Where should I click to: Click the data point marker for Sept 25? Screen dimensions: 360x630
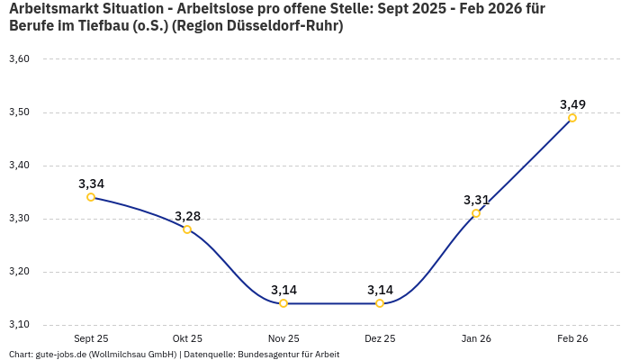91,197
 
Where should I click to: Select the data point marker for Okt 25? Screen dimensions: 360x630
187,229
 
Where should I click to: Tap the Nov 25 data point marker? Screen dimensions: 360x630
283,303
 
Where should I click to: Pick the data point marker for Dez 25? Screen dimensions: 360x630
380,303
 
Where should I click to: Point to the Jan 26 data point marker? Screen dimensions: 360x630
476,213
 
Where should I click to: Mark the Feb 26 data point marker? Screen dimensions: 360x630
572,118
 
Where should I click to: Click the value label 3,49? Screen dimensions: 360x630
572,104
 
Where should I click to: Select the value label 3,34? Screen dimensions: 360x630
91,184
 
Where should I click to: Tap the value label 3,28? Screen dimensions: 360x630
187,216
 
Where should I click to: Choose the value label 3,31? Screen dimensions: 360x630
476,200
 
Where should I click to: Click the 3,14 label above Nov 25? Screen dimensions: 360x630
283,290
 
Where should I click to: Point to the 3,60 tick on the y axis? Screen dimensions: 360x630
19,59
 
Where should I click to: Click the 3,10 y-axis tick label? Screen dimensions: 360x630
19,325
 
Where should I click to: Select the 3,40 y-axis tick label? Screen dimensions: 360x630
19,166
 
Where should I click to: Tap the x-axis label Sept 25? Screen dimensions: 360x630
91,338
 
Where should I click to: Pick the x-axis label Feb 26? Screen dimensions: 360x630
572,338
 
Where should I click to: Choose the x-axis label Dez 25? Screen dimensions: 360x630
380,338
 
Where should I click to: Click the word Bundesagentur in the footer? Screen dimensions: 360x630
266,355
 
